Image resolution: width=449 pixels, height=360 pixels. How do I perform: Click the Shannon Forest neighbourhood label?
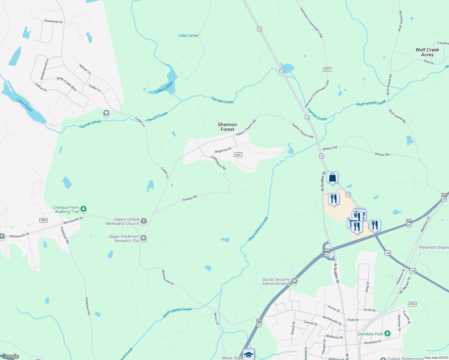tap(227, 127)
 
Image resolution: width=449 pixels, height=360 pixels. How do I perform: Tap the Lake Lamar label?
tap(188, 35)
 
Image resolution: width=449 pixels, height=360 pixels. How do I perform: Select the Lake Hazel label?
tap(25, 105)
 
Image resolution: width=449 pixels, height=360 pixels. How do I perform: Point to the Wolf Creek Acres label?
tap(427, 52)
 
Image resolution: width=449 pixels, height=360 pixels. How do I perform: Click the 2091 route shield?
tap(238, 155)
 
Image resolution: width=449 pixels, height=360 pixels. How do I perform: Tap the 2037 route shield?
tap(327, 69)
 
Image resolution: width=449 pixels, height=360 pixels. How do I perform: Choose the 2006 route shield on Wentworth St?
tap(44, 220)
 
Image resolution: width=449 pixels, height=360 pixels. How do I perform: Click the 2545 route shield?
tap(412, 304)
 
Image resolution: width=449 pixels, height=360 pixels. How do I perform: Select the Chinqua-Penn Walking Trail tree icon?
tap(84, 209)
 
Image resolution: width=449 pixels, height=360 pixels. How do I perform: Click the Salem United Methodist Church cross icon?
tap(144, 221)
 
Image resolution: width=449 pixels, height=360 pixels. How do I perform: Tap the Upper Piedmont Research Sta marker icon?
tap(143, 238)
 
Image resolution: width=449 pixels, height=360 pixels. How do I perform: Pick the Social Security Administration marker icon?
tap(294, 281)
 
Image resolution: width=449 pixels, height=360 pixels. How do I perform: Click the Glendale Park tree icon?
tap(387, 333)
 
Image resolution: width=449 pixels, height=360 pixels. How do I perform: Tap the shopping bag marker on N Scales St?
tap(332, 177)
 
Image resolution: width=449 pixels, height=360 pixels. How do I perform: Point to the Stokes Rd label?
tap(190, 198)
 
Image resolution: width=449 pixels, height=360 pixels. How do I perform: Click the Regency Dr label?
tap(223, 150)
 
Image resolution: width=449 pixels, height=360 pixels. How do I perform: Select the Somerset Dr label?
tap(53, 22)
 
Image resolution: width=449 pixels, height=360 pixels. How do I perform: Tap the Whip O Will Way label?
tap(67, 84)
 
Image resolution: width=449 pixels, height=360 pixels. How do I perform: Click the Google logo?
tap(10, 356)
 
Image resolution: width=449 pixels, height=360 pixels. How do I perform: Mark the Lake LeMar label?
tap(164, 87)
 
